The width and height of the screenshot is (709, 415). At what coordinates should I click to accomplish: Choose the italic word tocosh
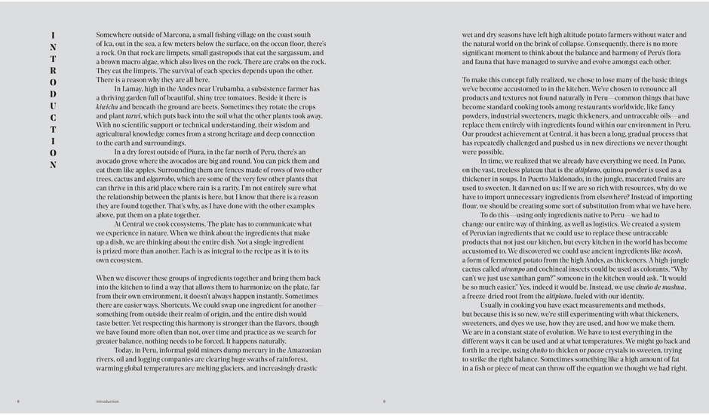(x=672, y=251)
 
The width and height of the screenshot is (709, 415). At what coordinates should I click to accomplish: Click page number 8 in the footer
(x=18, y=401)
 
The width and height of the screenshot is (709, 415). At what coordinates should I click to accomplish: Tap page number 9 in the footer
(x=384, y=401)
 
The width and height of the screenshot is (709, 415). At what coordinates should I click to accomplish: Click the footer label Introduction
(x=107, y=401)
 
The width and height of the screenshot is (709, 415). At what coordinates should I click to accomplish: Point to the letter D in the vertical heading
(x=53, y=94)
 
